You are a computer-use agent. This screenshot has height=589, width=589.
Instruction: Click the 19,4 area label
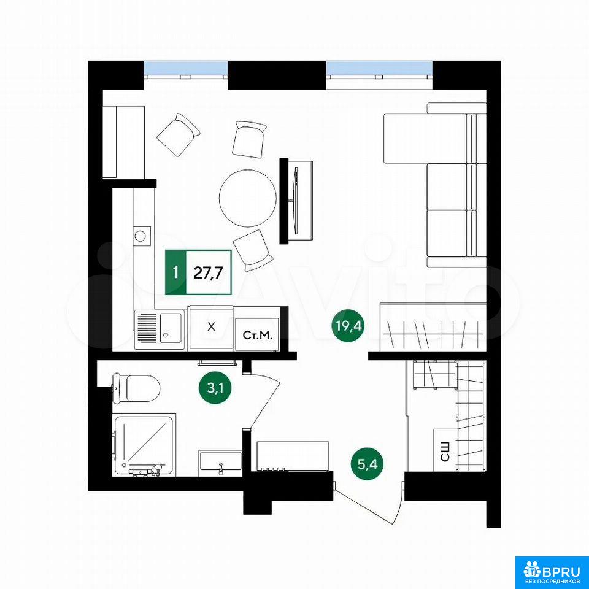348,326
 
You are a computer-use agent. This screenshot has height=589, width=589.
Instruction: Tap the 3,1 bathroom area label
215,388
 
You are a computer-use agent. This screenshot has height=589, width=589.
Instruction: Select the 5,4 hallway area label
368,464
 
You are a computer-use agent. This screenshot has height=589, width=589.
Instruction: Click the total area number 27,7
209,272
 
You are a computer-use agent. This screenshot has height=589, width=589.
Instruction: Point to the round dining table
247,198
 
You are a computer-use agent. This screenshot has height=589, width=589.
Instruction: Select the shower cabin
144,445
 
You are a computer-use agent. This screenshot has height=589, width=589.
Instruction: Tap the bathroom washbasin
220,461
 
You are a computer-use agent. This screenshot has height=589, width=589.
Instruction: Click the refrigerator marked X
211,328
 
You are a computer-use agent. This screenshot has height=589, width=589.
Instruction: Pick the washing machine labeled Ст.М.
257,334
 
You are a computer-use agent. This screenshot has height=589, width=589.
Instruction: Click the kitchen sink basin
171,328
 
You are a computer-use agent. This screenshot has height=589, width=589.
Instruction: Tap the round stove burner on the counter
141,236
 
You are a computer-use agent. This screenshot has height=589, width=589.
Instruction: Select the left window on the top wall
186,69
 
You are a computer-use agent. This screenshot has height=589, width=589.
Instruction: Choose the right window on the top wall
379,69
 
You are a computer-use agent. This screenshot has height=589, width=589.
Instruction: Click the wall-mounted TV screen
295,201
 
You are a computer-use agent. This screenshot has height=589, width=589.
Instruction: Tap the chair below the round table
252,250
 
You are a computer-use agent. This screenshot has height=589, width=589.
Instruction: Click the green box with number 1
175,272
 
